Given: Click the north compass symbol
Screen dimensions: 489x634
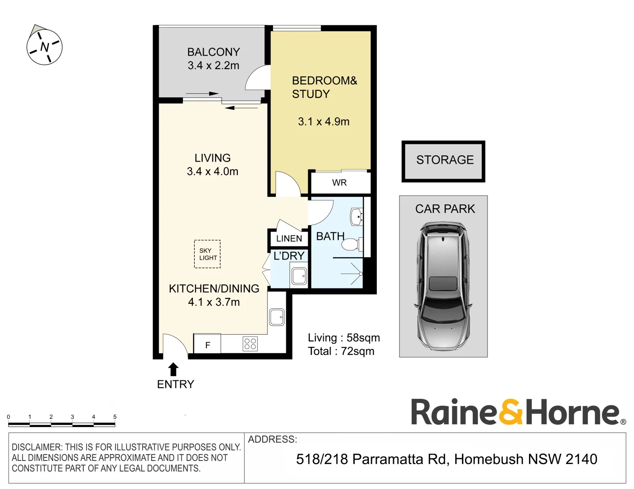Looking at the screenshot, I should [44, 47].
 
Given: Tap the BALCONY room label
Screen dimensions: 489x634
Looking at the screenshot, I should [213, 52].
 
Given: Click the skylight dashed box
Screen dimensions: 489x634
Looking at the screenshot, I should [207, 254].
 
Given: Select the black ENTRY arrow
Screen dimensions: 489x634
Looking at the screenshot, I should [173, 369].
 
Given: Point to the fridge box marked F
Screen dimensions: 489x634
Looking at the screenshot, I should [207, 345].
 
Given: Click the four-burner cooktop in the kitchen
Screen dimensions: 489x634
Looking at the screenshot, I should [250, 344].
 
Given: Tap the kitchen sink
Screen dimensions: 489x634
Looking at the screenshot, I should [277, 317].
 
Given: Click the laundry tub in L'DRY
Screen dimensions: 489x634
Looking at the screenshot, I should [299, 276].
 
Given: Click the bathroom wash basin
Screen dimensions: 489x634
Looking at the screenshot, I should [357, 216].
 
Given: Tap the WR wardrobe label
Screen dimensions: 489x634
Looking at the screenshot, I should [339, 182].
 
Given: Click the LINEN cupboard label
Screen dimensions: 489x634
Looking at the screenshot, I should [289, 239].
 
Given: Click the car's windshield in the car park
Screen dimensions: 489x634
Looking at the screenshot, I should [443, 313].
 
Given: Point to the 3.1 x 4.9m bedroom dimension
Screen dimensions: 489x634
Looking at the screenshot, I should [323, 122].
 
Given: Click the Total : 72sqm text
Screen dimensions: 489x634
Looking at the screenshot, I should [341, 351].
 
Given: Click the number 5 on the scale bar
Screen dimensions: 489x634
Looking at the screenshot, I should [115, 417].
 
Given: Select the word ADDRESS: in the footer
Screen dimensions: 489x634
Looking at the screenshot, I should [272, 439].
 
